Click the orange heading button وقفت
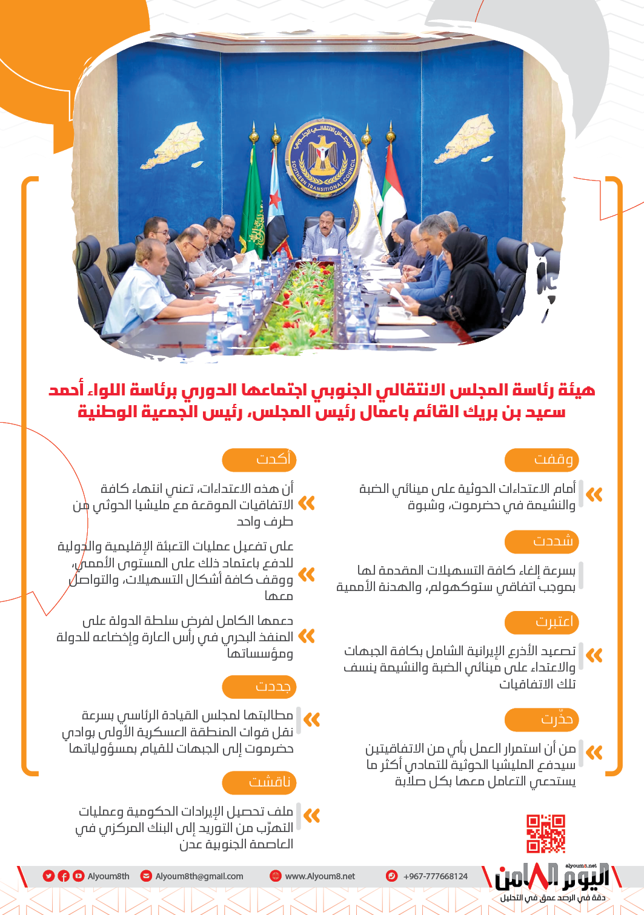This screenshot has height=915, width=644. (x=541, y=460)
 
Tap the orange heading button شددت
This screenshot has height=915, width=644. (x=541, y=541)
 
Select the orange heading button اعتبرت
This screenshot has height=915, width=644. (x=541, y=622)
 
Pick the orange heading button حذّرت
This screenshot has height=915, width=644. (x=541, y=719)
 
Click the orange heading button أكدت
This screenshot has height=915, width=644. (x=259, y=460)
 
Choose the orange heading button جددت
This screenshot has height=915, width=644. (x=259, y=687)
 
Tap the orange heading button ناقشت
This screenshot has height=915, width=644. (x=259, y=782)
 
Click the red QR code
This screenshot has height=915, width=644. (x=545, y=833)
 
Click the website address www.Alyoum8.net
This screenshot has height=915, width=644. (x=320, y=876)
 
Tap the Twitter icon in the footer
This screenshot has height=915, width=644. (x=48, y=876)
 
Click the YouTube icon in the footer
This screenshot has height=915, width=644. (x=78, y=876)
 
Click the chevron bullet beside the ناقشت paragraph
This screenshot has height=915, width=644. (x=311, y=816)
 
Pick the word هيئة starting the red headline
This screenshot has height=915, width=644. (x=577, y=390)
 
